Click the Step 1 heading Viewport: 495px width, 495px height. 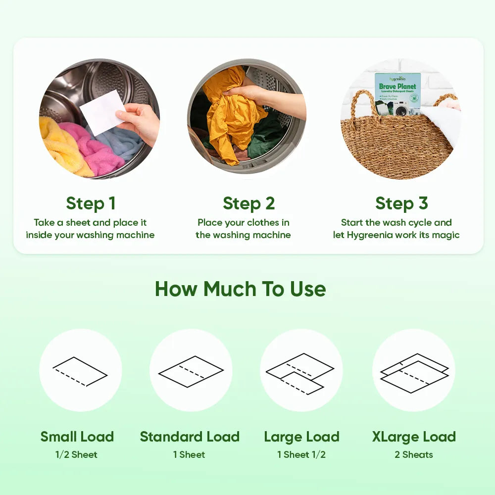coord(91,203)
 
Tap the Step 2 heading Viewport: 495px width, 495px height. coord(248,203)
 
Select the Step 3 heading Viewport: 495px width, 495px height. coord(401,203)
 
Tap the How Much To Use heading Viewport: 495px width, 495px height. coord(240,289)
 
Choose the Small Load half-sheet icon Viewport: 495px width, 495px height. coord(80,371)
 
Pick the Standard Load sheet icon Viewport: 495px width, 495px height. coord(191,371)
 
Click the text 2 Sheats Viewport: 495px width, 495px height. coord(413,454)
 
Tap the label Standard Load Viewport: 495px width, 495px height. coord(190,437)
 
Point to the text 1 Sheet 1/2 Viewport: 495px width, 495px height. coord(301,454)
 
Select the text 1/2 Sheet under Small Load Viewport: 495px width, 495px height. coord(76,454)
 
